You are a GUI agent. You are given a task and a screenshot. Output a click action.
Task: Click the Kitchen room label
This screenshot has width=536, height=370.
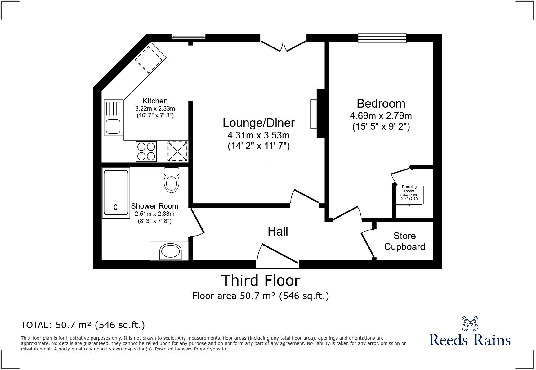pyautogui.click(x=155, y=101)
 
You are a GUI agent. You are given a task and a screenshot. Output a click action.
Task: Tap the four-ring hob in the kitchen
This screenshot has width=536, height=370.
pyautogui.click(x=146, y=151)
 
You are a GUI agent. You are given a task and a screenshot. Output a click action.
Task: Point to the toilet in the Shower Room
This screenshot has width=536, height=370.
pyautogui.click(x=172, y=182)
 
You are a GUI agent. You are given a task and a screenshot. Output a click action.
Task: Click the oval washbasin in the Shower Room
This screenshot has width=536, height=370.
pyautogui.click(x=170, y=251)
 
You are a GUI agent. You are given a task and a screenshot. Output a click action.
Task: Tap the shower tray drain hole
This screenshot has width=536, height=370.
pyautogui.click(x=116, y=207)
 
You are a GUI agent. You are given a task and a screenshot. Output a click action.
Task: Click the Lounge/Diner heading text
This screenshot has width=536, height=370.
pyautogui.click(x=258, y=123)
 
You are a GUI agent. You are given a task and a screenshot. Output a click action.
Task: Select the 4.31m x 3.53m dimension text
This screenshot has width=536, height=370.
pyautogui.click(x=258, y=135)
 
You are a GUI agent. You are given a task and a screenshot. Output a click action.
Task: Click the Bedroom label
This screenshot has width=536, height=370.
pyautogui.click(x=381, y=103)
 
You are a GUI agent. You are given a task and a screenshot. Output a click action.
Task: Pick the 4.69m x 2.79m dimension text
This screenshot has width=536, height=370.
pyautogui.click(x=381, y=116)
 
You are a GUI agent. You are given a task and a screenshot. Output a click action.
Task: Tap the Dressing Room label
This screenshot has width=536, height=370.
pyautogui.click(x=409, y=189)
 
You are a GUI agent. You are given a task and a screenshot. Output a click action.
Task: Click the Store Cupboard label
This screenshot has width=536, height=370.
pyautogui.click(x=404, y=241)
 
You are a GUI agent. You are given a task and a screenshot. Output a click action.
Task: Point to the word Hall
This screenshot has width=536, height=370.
pyautogui.click(x=278, y=232)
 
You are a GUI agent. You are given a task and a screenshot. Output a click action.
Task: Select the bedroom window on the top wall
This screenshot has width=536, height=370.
pyautogui.click(x=382, y=38)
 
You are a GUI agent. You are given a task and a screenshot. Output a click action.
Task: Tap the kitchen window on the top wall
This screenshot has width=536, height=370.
pyautogui.click(x=189, y=37)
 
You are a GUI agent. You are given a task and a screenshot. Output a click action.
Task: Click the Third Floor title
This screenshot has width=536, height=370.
pyautogui.click(x=261, y=280)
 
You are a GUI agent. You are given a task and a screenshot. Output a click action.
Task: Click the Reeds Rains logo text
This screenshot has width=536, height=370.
pyautogui.click(x=470, y=339)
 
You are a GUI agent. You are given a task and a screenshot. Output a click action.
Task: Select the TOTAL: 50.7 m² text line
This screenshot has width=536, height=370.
pyautogui.click(x=83, y=325)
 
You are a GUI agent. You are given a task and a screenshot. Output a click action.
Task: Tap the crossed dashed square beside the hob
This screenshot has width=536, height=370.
pyautogui.click(x=177, y=151)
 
